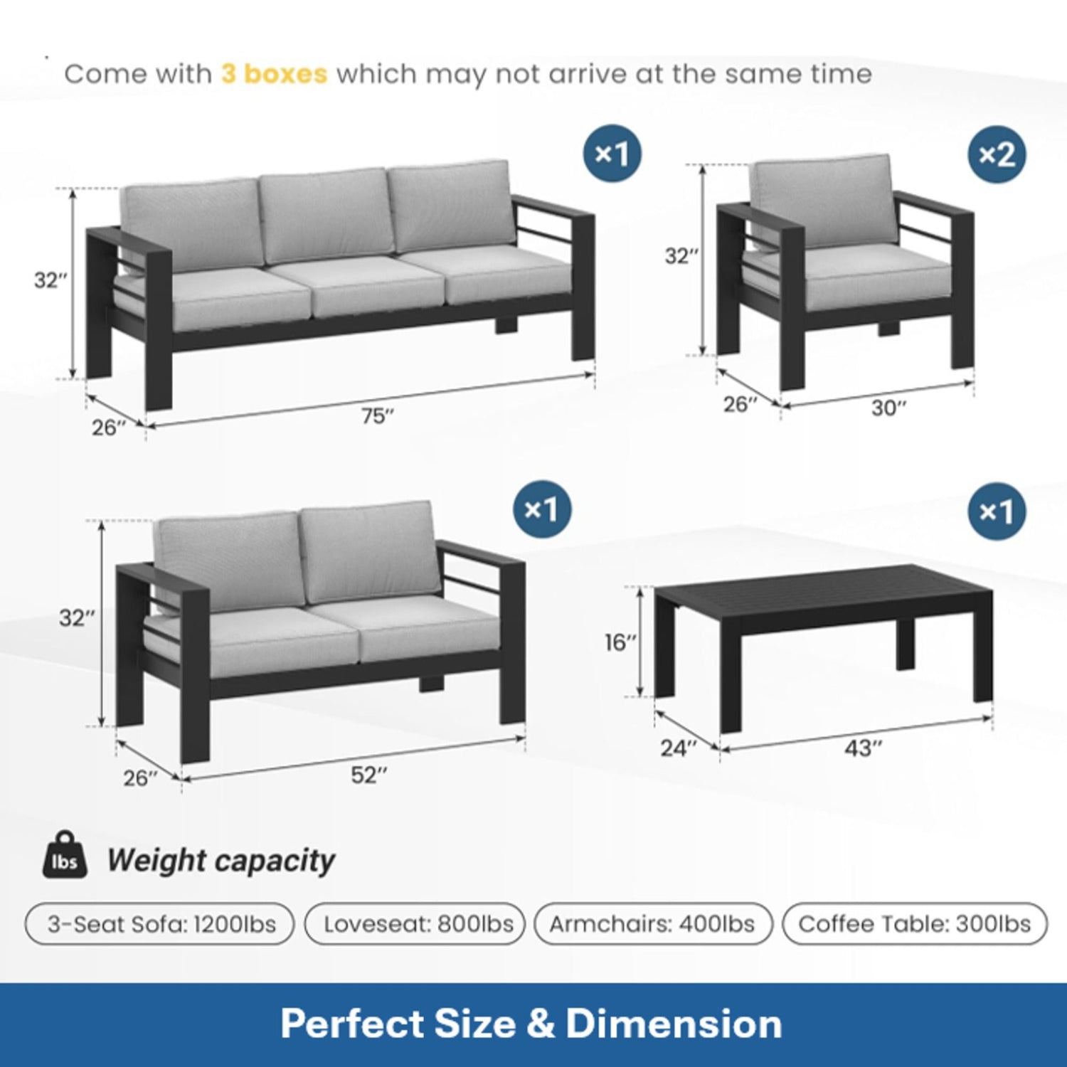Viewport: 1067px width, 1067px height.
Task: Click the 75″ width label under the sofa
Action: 377,415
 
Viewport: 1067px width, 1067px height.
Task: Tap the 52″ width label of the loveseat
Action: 369,775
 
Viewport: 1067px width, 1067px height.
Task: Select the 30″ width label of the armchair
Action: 888,408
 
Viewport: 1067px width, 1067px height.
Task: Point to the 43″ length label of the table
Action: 863,748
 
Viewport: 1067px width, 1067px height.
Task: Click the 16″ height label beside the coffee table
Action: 620,642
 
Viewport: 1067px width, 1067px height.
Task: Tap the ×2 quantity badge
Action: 997,154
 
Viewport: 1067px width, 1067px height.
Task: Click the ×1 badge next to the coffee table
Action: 997,511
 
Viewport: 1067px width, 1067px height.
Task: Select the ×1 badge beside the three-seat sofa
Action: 612,153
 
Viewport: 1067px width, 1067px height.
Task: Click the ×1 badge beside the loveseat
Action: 542,509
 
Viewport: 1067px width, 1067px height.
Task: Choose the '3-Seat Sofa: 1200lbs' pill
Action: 160,924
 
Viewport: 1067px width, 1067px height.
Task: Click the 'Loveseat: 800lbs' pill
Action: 417,924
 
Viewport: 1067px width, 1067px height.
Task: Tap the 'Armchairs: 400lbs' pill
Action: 652,924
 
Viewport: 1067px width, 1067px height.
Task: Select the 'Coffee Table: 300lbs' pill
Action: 915,924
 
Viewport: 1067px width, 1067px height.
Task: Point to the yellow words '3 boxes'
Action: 274,74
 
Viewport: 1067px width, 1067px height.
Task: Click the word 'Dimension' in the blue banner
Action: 674,1024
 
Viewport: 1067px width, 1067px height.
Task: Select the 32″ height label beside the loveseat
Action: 76,617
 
